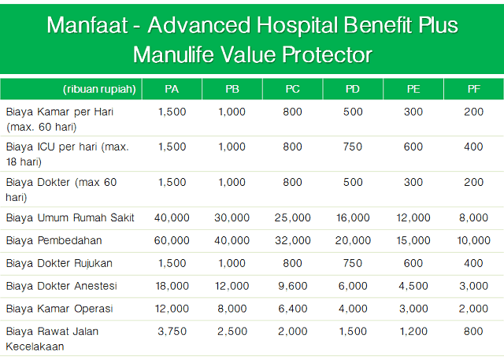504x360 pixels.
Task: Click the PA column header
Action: pos(172,89)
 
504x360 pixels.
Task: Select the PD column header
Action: pos(353,89)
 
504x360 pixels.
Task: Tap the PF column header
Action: pos(473,89)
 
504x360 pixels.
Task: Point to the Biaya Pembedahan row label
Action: pos(54,240)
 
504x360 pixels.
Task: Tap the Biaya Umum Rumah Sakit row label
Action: pos(70,218)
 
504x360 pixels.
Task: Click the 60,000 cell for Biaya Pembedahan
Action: pos(172,240)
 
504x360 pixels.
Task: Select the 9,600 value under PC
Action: pos(292,285)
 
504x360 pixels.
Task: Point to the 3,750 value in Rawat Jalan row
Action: pos(172,331)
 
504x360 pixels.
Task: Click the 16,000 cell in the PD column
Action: pos(353,218)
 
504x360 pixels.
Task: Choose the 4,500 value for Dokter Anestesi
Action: pos(413,285)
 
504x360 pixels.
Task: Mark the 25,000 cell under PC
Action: pos(292,218)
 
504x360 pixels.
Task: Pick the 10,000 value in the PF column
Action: pos(473,240)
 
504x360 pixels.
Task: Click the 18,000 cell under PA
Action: pos(172,285)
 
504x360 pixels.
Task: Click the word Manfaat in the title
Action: pos(80,25)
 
